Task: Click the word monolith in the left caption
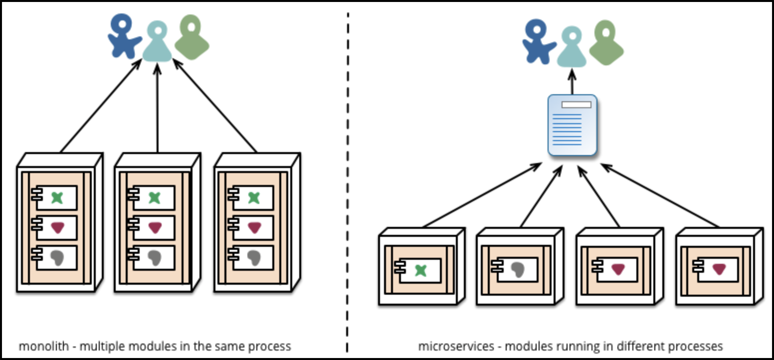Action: coord(44,346)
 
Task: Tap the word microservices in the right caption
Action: coord(456,346)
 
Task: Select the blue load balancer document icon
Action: coord(572,126)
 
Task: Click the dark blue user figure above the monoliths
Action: coord(124,36)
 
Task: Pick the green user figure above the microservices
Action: coord(606,42)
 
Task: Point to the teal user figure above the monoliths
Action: coord(157,41)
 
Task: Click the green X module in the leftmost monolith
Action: coord(54,198)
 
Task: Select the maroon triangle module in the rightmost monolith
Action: coord(251,228)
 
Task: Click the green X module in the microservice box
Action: coord(418,271)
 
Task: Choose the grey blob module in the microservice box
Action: coord(515,270)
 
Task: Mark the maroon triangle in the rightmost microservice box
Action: coord(720,269)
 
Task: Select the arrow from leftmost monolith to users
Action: coord(101,105)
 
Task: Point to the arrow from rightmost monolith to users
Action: coord(214,105)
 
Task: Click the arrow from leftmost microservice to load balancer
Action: coord(482,195)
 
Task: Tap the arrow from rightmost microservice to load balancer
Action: coord(660,195)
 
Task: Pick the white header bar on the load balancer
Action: coord(577,105)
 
